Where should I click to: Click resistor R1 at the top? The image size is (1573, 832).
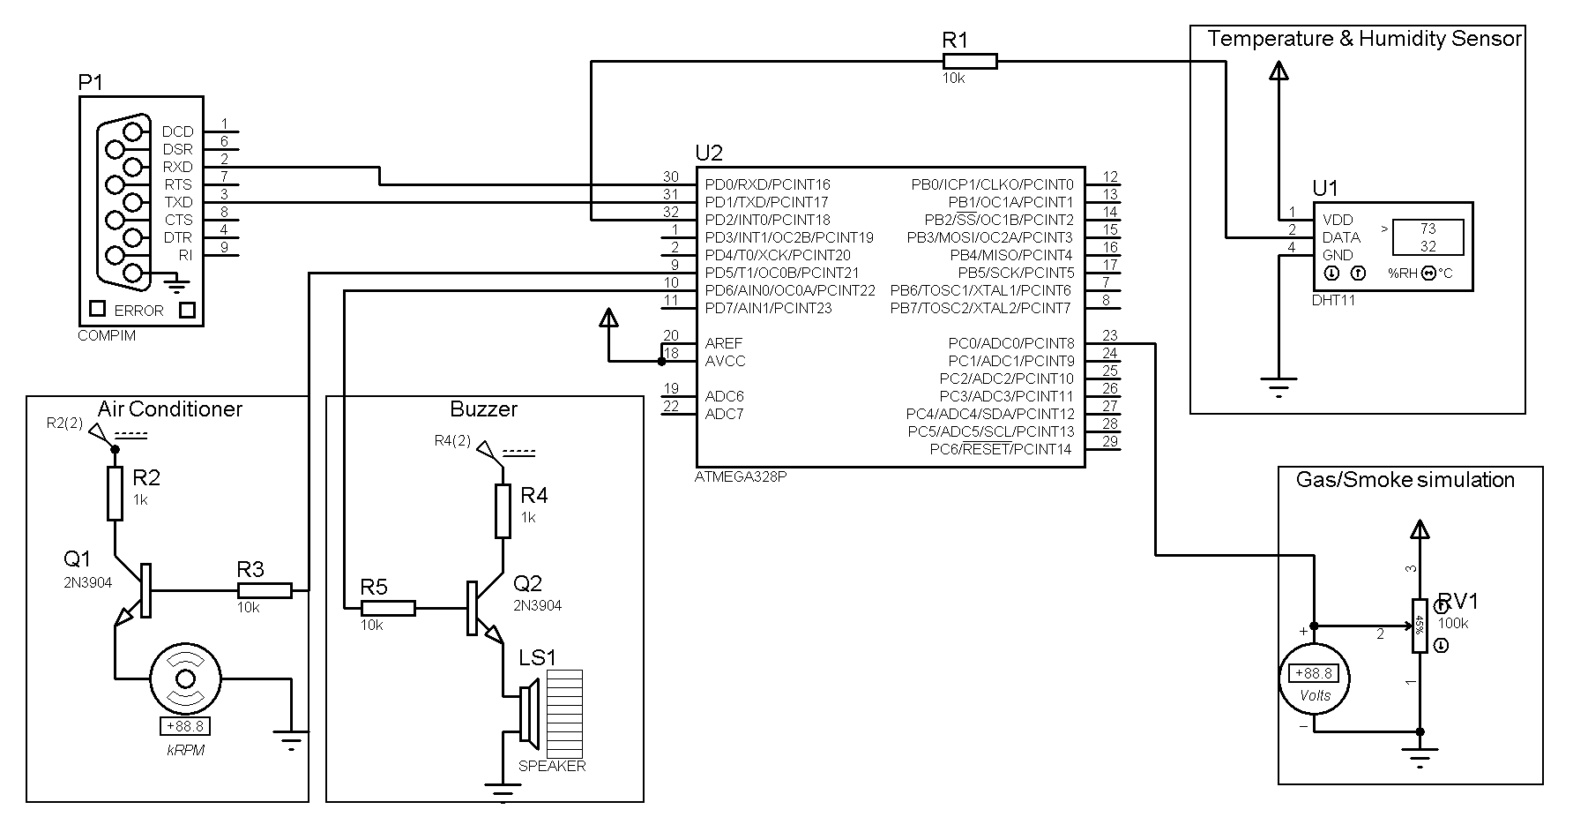[969, 61]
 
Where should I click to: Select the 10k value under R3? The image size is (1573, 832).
[248, 607]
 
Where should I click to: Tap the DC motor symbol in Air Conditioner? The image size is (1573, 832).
[185, 678]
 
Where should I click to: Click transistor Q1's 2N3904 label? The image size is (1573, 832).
[87, 582]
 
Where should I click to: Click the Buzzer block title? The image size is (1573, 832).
[483, 409]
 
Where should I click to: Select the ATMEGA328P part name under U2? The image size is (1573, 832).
[741, 476]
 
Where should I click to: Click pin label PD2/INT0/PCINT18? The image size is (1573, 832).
[767, 220]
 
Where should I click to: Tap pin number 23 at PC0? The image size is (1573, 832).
[1109, 336]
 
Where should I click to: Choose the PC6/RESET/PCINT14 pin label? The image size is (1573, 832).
[1001, 449]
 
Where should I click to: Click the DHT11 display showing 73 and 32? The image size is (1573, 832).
[1428, 237]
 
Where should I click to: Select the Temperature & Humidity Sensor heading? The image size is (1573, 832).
[1364, 39]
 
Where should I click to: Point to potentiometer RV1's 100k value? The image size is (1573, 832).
[1453, 623]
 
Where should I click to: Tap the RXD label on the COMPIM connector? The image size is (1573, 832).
[177, 167]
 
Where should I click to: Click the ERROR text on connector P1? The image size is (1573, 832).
[138, 311]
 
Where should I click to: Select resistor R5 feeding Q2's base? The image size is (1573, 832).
[388, 608]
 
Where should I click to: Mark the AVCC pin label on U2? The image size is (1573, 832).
[725, 361]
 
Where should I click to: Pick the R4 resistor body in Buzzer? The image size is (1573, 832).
[503, 511]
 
